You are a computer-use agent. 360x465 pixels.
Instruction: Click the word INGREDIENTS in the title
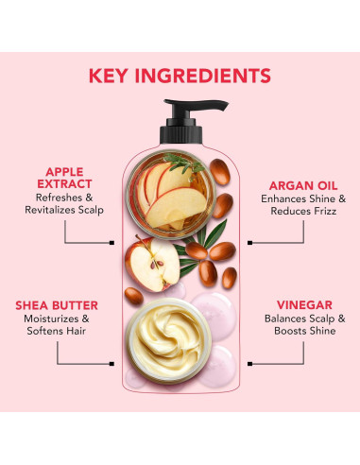click(x=210, y=76)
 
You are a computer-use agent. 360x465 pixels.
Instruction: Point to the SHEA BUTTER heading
click(x=60, y=306)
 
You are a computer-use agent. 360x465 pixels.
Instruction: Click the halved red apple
click(x=152, y=264)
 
